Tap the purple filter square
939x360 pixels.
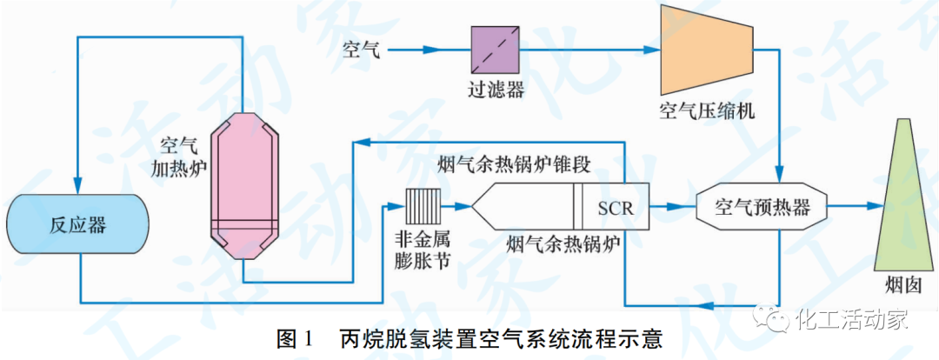495,50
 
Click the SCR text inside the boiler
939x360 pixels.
616,209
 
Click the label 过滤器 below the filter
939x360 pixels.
495,90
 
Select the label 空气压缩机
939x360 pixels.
706,111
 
